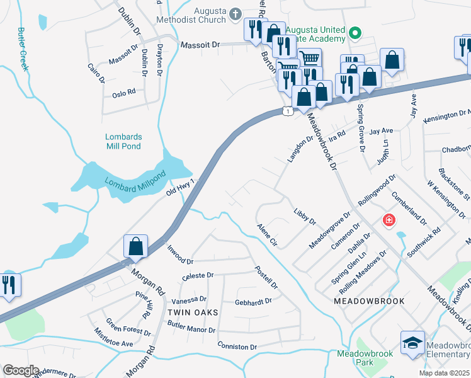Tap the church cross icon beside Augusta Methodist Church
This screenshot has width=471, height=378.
coord(235,13)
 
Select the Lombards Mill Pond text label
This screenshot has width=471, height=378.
coord(123,141)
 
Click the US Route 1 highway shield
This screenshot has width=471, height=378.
coord(287,112)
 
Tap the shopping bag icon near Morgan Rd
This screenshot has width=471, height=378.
coord(136,246)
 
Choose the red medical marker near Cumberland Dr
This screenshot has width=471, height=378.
coord(389,220)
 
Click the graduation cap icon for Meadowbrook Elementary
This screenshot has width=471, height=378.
coord(412,343)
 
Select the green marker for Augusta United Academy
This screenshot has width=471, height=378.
coord(355,33)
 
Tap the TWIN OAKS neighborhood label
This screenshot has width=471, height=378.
coord(193,312)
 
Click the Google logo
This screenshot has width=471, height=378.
coord(21,370)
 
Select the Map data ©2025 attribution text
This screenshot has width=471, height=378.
coord(444,373)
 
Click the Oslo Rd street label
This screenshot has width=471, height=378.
coord(124,93)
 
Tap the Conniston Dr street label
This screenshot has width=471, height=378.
coord(237,346)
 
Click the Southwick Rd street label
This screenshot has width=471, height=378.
coord(424,240)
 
